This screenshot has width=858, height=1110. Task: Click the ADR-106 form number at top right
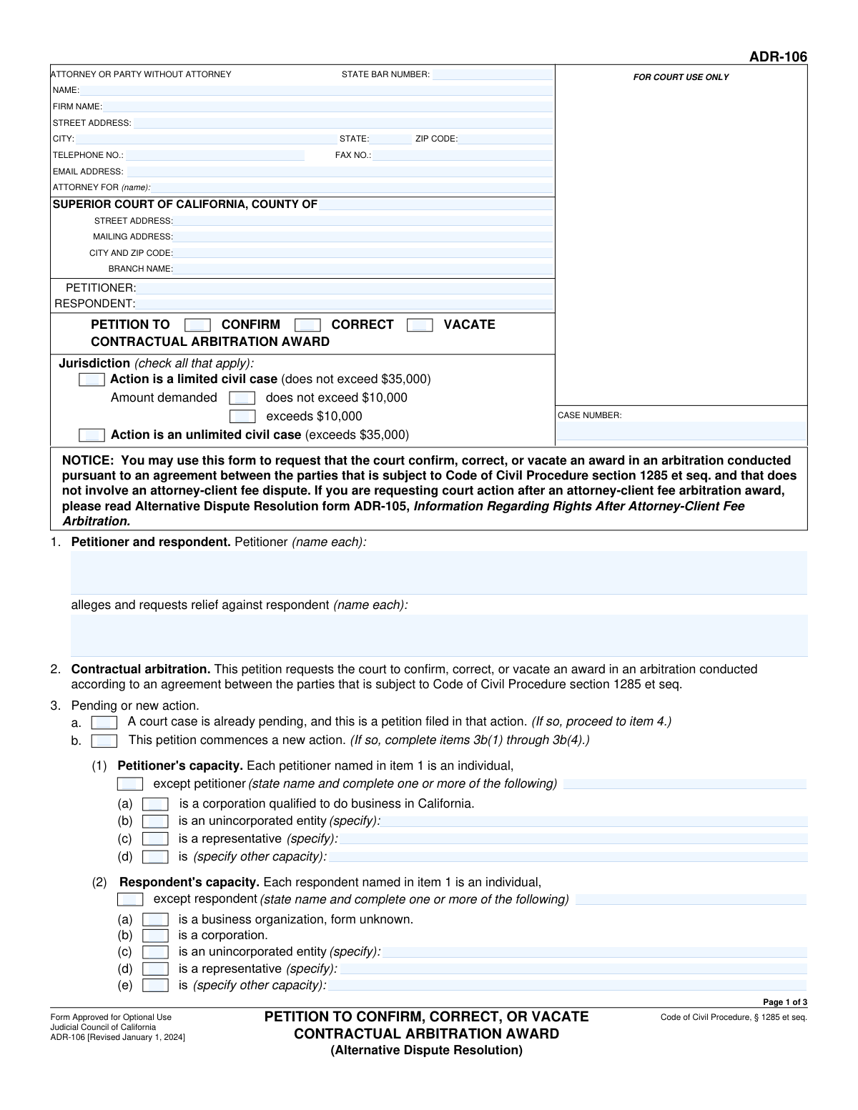point(778,57)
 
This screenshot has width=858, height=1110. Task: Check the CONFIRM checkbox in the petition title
point(197,325)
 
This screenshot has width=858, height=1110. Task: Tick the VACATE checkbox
point(420,325)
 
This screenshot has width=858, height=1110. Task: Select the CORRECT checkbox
point(307,325)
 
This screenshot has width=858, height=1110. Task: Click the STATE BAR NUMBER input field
point(492,74)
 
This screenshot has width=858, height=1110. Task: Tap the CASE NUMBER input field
point(681,431)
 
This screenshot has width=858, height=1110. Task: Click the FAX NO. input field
point(463,155)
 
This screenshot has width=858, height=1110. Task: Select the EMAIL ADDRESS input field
point(340,172)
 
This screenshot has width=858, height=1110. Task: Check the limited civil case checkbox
point(92,380)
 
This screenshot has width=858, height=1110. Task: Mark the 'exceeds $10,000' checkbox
point(242,416)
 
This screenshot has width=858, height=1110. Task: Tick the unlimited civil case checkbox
point(92,435)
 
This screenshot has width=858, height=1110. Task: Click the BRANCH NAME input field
point(363,269)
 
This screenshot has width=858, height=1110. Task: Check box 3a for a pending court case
point(104,723)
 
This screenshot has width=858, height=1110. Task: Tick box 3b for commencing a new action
point(104,740)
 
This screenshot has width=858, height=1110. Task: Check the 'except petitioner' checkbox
point(130,784)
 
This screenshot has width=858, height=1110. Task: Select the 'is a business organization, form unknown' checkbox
point(155,920)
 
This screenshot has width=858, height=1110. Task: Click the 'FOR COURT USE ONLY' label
point(681,77)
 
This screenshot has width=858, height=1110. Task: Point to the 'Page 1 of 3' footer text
point(785,1002)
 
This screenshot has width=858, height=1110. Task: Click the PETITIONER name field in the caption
point(345,288)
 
